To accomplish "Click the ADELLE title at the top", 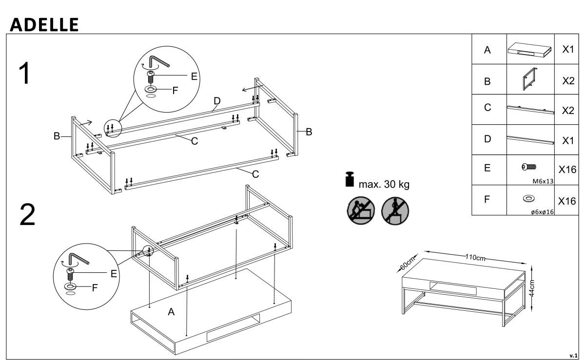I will click(x=44, y=24).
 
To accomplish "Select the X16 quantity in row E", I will click(x=567, y=170).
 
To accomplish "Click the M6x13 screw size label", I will click(x=544, y=180).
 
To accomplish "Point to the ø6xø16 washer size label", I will click(x=542, y=211).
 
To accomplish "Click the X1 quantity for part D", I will click(x=567, y=141).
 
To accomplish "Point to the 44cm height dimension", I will click(x=533, y=288).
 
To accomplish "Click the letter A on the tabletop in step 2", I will click(x=171, y=312).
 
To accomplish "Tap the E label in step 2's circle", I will click(x=114, y=274).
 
